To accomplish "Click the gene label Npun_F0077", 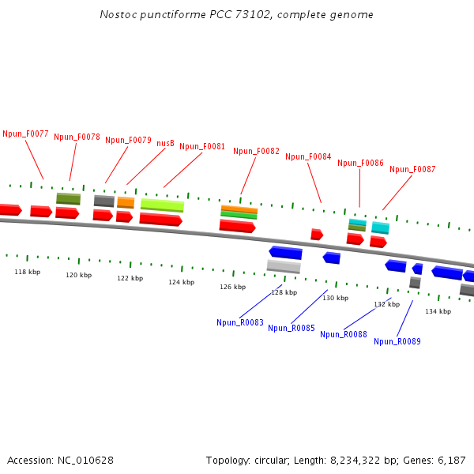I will click(x=26, y=134).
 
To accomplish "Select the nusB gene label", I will click(x=165, y=143).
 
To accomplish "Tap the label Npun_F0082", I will click(x=256, y=151).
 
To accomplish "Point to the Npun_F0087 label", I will click(x=412, y=169).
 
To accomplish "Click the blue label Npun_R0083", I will click(x=240, y=322).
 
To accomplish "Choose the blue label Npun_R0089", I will click(x=397, y=341).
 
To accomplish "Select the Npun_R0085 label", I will click(x=292, y=328).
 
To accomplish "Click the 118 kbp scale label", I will click(x=28, y=272).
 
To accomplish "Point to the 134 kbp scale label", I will click(x=438, y=311).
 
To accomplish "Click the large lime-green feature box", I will click(x=162, y=205).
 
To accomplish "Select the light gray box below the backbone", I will click(x=284, y=267).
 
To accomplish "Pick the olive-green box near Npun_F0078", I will click(x=68, y=198).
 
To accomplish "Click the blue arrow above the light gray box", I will click(x=285, y=253).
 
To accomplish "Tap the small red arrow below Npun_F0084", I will click(x=316, y=235).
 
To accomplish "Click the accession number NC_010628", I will click(x=86, y=460).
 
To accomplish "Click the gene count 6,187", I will click(x=451, y=460).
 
